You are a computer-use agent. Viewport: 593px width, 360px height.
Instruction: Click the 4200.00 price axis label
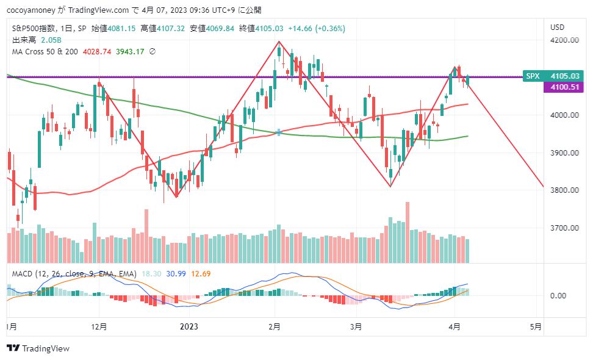point(564,40)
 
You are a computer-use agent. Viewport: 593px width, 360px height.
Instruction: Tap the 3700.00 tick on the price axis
point(564,228)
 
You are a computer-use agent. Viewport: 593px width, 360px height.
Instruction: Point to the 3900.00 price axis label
point(564,153)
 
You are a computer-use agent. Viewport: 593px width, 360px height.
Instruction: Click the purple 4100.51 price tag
point(564,87)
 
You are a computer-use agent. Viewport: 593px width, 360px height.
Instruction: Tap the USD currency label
point(557,27)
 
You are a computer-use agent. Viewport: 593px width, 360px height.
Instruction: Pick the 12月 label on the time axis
point(99,326)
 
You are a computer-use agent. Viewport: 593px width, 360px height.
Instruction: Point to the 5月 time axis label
point(535,326)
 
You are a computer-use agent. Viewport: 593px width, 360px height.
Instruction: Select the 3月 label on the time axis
point(356,326)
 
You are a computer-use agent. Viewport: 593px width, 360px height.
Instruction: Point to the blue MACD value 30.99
point(176,273)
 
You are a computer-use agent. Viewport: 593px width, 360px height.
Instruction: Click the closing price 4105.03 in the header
point(270,28)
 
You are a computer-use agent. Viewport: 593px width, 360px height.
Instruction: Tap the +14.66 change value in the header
point(301,28)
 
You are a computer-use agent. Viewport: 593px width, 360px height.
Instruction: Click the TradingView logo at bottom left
point(38,348)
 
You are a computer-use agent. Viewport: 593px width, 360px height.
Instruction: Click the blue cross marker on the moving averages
point(279,132)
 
